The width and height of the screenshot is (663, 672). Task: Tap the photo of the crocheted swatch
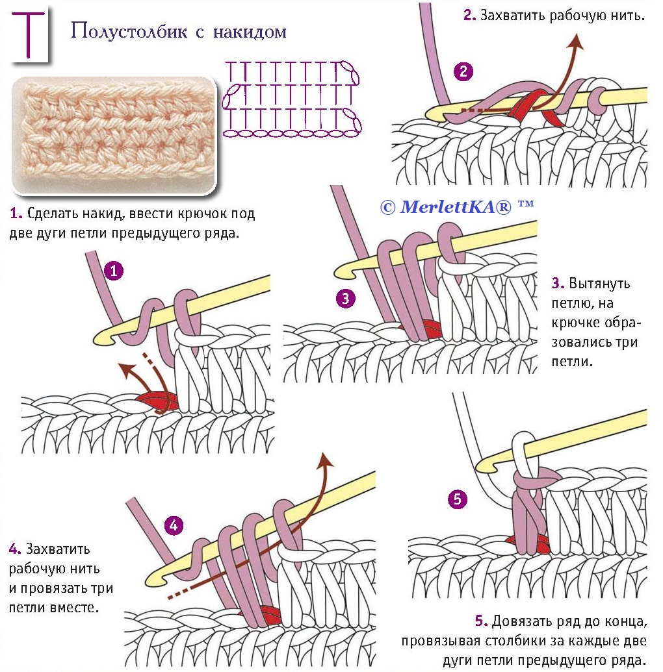click(114, 134)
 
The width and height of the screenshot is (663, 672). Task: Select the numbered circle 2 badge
click(463, 72)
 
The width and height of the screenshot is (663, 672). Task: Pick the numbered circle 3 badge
click(346, 299)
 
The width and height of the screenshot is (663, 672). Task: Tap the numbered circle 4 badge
click(174, 525)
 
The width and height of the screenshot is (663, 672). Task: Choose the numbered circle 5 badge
click(458, 499)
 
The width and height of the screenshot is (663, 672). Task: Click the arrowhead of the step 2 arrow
click(575, 41)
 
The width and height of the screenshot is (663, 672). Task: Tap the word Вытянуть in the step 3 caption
click(599, 284)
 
